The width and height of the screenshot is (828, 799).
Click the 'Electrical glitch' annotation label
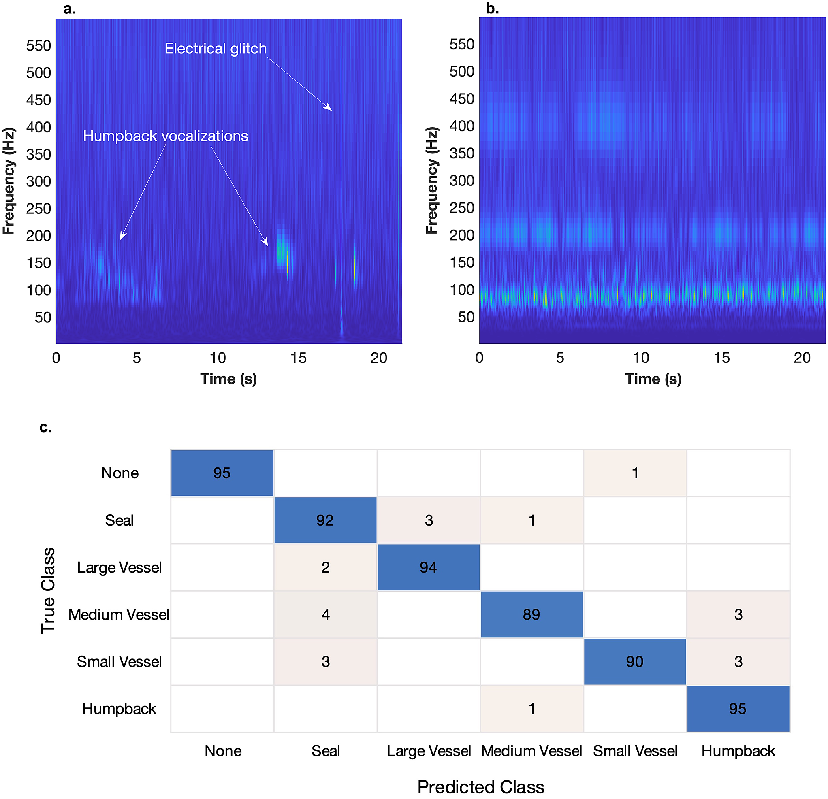coord(216,49)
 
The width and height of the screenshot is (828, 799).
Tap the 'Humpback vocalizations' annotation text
coord(166,136)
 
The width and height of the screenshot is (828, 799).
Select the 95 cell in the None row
coord(222,473)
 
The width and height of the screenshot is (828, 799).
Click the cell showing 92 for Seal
coord(325,520)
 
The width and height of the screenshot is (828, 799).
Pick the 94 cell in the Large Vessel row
coord(428,567)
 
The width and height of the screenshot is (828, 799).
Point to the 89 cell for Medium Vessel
coord(531,614)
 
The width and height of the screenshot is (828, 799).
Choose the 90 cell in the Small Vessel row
coord(635,661)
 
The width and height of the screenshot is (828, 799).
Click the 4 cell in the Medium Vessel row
coord(325,614)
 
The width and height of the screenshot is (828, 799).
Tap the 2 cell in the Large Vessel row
coord(325,567)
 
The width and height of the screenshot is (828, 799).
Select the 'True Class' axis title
coord(48,590)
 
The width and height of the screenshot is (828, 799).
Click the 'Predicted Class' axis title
coord(481,787)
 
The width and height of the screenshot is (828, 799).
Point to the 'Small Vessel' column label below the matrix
coord(635,751)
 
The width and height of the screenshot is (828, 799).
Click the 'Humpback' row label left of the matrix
coord(119,709)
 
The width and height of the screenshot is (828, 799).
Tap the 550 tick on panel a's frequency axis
coord(38,46)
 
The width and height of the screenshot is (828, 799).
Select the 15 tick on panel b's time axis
coord(721,358)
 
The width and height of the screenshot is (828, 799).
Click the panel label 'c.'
coord(46,427)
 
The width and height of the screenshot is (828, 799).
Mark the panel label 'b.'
coord(492,9)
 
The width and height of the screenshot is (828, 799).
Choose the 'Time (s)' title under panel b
coord(653,379)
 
